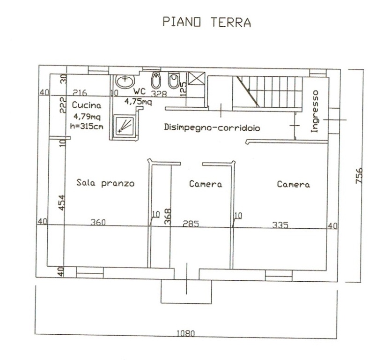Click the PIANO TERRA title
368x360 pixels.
[x=207, y=22]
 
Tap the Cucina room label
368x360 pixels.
[x=87, y=105]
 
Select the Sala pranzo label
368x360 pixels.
[x=105, y=183]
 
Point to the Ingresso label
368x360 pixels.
[x=314, y=112]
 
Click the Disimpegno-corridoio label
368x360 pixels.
[x=212, y=127]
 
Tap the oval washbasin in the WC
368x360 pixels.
[x=125, y=81]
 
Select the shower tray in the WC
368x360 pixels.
[x=125, y=125]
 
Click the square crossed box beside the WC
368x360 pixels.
[x=197, y=78]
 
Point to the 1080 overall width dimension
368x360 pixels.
[x=186, y=333]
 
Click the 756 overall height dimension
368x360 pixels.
[x=359, y=175]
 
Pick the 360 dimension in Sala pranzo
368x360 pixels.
[x=98, y=222]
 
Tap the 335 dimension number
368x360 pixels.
[x=280, y=225]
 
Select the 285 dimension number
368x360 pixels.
[x=191, y=224]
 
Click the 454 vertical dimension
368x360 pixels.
[x=61, y=203]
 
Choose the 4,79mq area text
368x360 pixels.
[x=87, y=116]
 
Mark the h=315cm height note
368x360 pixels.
[x=87, y=126]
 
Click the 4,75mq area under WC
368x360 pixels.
[x=138, y=102]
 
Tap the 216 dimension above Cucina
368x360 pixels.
[x=80, y=93]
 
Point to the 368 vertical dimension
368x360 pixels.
[x=168, y=217]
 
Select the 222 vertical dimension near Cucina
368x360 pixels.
[x=63, y=105]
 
